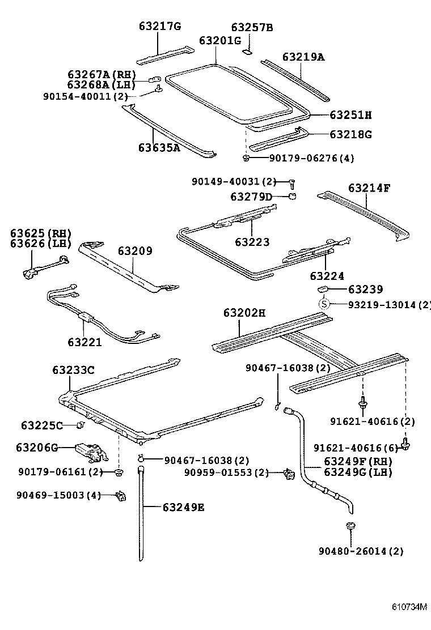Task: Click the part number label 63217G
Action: click(x=159, y=26)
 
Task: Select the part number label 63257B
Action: click(x=252, y=27)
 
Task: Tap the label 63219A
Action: click(x=303, y=57)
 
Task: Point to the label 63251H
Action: click(x=350, y=115)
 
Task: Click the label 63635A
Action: click(x=159, y=148)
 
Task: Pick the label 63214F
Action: click(x=369, y=188)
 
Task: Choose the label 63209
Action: click(x=135, y=250)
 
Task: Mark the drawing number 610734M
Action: click(x=408, y=607)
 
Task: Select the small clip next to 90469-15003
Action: click(x=120, y=496)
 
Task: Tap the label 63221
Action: click(x=84, y=342)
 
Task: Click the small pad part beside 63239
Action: click(x=322, y=290)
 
